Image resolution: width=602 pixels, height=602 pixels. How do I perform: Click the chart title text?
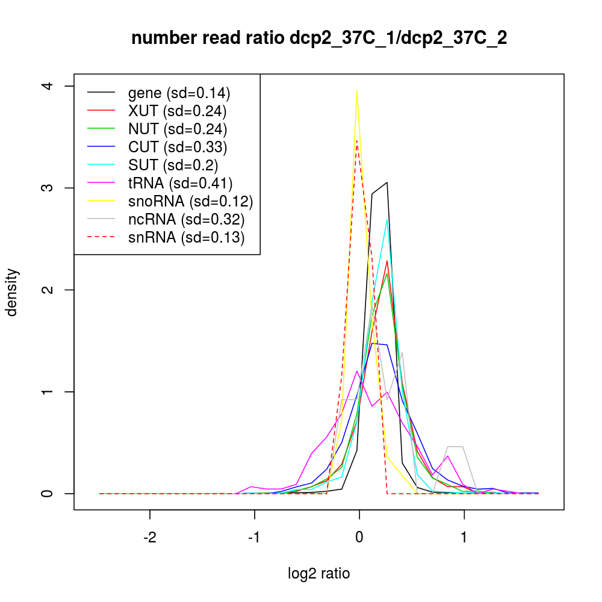click(319, 39)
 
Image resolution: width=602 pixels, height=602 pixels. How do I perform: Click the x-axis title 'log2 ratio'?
click(319, 573)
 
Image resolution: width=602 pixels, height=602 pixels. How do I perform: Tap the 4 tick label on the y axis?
click(52, 86)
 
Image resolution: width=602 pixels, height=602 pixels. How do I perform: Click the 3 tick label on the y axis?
click(52, 188)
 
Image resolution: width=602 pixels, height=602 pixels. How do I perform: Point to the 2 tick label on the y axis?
click(52, 290)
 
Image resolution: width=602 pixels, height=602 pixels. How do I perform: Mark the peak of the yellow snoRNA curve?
click(357, 90)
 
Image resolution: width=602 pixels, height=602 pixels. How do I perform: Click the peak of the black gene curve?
click(386, 182)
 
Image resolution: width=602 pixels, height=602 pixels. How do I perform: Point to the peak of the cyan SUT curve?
click(387, 219)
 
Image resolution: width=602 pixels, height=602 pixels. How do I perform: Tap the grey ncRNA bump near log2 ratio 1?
click(455, 447)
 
